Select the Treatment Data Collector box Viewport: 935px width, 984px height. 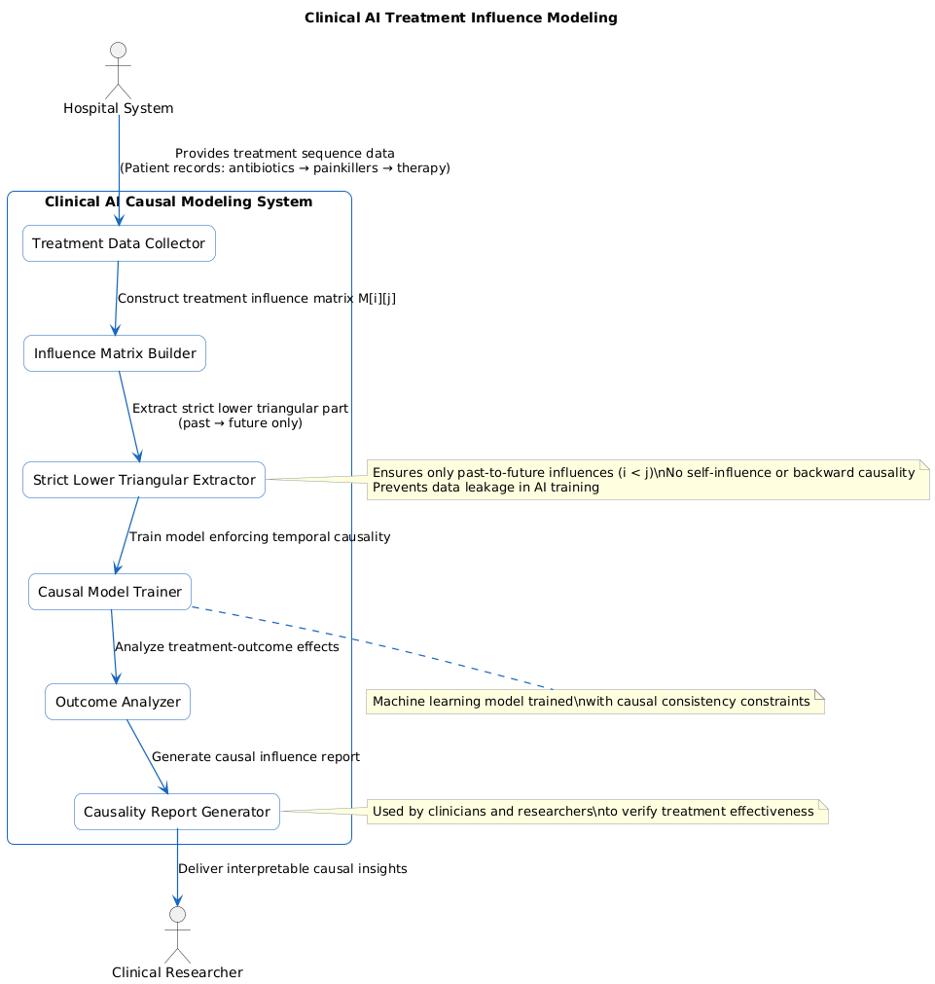pyautogui.click(x=119, y=243)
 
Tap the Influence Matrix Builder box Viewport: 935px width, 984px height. pyautogui.click(x=115, y=353)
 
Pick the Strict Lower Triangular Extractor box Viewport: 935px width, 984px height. pyautogui.click(x=144, y=480)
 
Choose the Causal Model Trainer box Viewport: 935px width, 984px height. pyautogui.click(x=110, y=592)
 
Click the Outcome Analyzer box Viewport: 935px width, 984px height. pyautogui.click(x=118, y=702)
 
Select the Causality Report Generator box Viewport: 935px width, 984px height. pyautogui.click(x=177, y=812)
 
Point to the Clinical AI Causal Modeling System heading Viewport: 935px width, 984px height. pyautogui.click(x=179, y=202)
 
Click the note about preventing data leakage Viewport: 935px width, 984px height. pyautogui.click(x=647, y=480)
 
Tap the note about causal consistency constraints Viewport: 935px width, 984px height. pyautogui.click(x=594, y=702)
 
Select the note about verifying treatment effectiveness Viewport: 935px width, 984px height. pyautogui.click(x=596, y=812)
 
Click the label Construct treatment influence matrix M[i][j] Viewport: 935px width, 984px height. pyautogui.click(x=256, y=299)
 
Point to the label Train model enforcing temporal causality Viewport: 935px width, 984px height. pyautogui.click(x=260, y=536)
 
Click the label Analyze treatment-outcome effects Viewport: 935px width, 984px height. pyautogui.click(x=227, y=647)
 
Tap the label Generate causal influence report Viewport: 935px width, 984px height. pyautogui.click(x=256, y=757)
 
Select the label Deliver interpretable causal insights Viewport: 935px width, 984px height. pyautogui.click(x=292, y=868)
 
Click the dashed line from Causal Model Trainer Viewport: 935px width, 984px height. pyautogui.click(x=370, y=646)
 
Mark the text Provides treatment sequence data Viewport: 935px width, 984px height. pyautogui.click(x=284, y=154)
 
